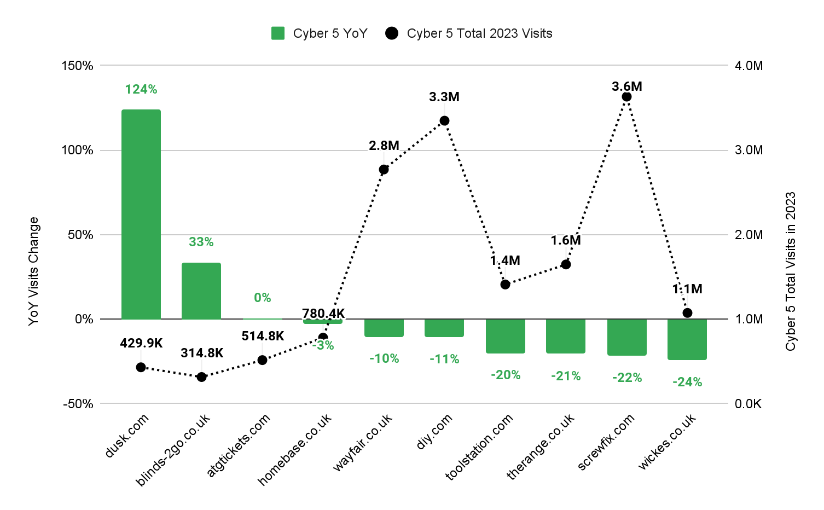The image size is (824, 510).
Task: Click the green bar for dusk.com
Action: (141, 214)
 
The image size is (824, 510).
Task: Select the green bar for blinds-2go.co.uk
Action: (201, 291)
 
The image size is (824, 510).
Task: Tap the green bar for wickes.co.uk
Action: (687, 339)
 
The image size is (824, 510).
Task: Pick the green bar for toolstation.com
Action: (505, 336)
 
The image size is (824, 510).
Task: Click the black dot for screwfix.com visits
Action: (626, 97)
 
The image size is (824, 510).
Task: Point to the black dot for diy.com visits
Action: (444, 121)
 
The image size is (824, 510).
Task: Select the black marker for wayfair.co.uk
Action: (384, 170)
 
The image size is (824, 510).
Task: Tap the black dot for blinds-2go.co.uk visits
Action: (201, 377)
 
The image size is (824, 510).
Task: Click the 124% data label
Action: (141, 89)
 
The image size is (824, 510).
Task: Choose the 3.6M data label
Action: (626, 86)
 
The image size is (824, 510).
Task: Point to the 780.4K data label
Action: (323, 314)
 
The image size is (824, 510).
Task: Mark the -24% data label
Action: (687, 382)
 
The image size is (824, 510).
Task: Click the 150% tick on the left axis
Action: (77, 66)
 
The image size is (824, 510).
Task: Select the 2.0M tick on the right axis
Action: (748, 235)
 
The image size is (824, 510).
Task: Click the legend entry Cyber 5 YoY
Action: (320, 33)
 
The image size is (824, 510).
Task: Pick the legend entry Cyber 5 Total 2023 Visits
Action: (469, 33)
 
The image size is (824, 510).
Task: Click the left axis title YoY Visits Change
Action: (34, 271)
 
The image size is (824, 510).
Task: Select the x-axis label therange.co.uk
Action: (541, 446)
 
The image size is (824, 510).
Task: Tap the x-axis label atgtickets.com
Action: (239, 444)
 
